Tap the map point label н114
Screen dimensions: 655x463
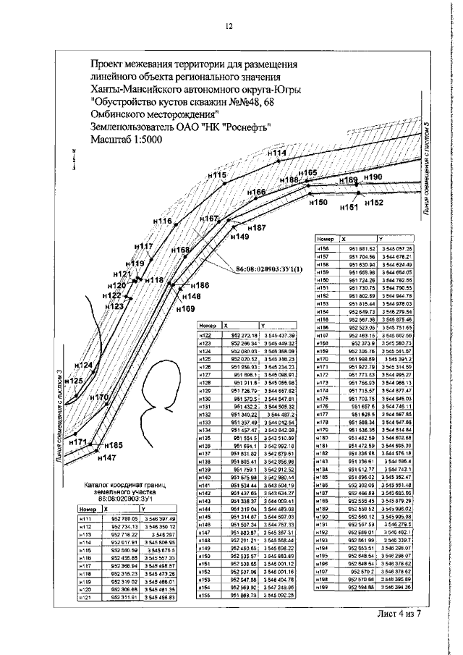tap(276, 153)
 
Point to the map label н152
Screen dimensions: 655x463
tap(373, 203)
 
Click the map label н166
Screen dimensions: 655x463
tap(257, 193)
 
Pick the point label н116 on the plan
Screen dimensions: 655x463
tap(162, 221)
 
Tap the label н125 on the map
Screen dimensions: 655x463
tap(73, 380)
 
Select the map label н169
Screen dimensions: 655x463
tap(185, 309)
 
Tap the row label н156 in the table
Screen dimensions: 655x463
tap(323, 248)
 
